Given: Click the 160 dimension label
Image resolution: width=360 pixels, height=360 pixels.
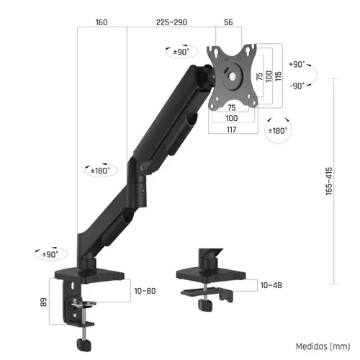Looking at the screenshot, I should [x=101, y=22].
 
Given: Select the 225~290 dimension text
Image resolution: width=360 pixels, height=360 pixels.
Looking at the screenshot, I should [x=171, y=22].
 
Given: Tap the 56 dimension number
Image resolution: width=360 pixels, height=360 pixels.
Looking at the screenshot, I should [x=228, y=22].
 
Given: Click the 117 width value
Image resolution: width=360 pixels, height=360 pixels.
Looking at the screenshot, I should [x=231, y=129].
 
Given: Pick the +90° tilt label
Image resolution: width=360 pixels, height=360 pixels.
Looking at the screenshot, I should [x=296, y=64].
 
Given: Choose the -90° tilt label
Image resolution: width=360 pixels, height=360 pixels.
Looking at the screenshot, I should [x=296, y=85].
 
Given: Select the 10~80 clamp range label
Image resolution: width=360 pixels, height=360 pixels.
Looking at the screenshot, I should [x=145, y=290].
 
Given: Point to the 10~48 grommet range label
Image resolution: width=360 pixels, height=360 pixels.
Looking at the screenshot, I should [x=271, y=286].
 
